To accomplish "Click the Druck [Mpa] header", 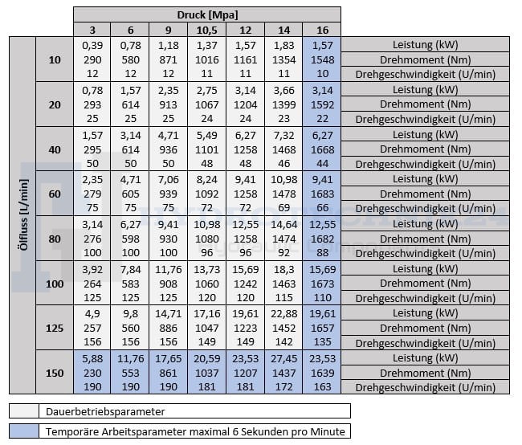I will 207,14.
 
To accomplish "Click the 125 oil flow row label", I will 55,327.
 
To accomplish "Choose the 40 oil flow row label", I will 55,150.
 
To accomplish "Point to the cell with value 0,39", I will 93,44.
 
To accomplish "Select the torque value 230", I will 93,372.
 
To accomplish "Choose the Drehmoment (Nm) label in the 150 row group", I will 426,372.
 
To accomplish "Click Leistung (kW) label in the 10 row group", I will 426,44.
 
